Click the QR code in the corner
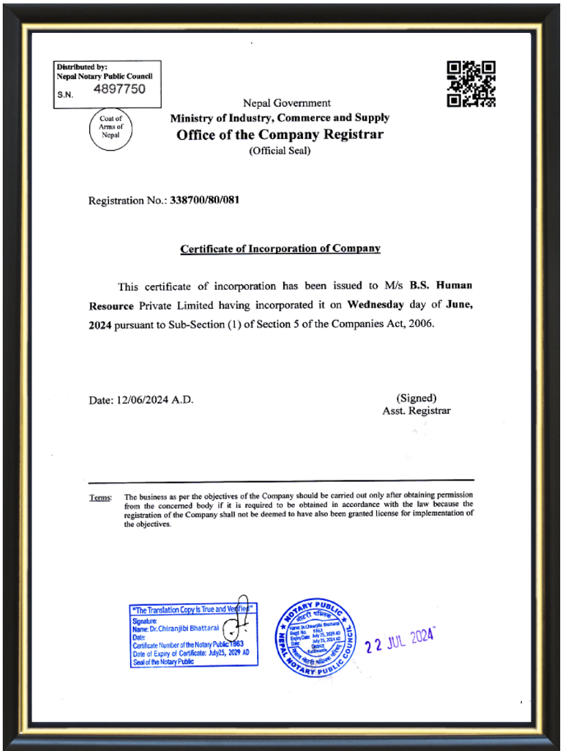coord(470,84)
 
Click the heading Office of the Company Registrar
coord(280,134)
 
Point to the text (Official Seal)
coord(280,151)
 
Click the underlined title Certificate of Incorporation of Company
coord(280,249)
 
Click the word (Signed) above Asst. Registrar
coord(416,398)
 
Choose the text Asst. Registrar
coord(416,411)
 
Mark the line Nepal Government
coord(287,103)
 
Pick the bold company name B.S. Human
coord(441,286)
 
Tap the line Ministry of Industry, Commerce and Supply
coord(280,118)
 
